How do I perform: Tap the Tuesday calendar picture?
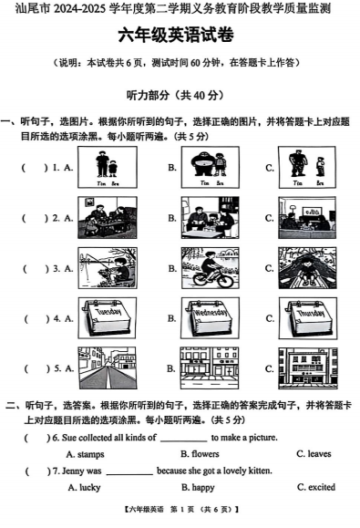[108, 318]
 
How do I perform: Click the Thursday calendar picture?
[308, 318]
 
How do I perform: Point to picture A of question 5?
[108, 368]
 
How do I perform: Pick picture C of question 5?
[308, 368]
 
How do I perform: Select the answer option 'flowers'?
[204, 453]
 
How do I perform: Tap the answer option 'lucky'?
[88, 487]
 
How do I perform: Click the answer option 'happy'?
[201, 487]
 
